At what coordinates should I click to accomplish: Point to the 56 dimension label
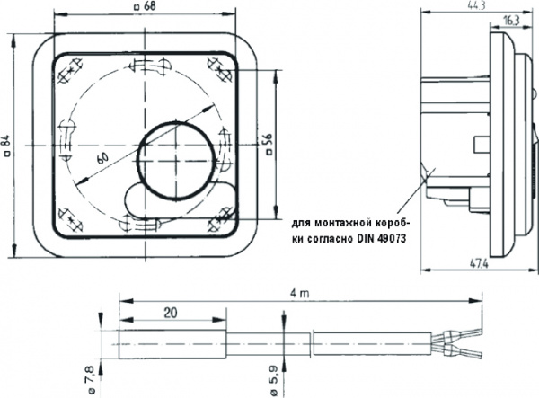pos(267,144)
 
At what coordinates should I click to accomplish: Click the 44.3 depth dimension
pos(465,6)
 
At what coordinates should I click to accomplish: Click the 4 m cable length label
pos(305,293)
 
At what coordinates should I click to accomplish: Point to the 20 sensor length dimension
pos(171,313)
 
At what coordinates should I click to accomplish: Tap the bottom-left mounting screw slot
pos(70,217)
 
